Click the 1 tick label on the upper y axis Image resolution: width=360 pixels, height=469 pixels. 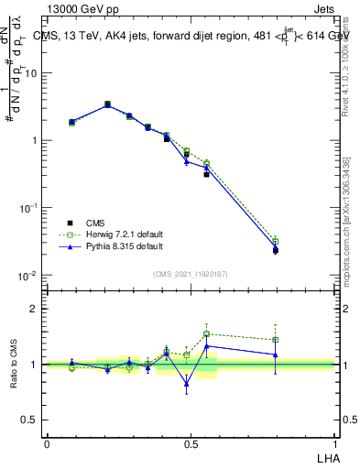[x=34, y=141]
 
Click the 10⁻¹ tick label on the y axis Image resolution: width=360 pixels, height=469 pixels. [x=29, y=209]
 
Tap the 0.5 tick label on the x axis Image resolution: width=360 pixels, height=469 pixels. [x=191, y=444]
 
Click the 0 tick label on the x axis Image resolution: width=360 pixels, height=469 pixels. [x=47, y=444]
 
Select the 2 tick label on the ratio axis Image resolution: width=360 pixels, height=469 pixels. [x=35, y=310]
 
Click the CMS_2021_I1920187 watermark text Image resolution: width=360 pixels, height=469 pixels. [x=191, y=275]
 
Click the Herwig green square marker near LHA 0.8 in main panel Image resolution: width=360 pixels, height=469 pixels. [x=276, y=242]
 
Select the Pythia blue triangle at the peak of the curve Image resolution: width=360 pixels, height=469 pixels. [x=107, y=105]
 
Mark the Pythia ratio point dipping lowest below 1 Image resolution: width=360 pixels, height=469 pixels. [x=187, y=384]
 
